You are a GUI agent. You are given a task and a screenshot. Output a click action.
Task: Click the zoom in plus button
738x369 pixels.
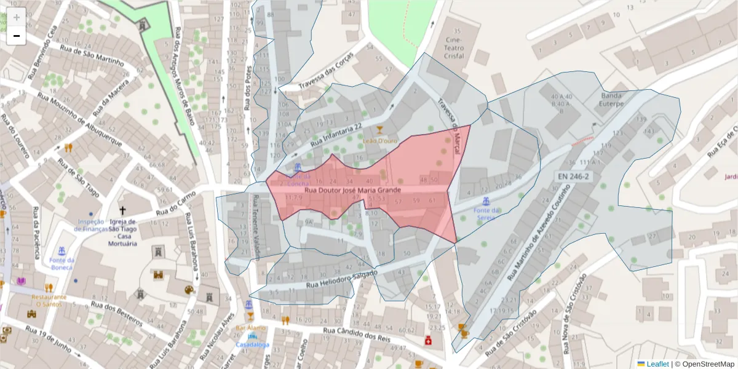pos(17,17)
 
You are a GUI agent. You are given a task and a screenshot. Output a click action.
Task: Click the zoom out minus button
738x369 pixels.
pos(17,36)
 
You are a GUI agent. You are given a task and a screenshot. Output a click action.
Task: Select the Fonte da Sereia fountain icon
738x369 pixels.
pos(486,200)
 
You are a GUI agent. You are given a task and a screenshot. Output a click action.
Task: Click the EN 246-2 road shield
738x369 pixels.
pos(574,177)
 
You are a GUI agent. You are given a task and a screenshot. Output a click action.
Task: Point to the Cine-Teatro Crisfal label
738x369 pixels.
pos(456,47)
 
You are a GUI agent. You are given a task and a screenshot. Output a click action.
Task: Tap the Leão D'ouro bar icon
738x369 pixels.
pos(379,129)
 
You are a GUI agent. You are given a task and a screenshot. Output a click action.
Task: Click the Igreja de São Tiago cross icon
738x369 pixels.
pos(122,210)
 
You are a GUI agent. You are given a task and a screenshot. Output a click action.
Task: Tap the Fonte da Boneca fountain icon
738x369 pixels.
pos(61,252)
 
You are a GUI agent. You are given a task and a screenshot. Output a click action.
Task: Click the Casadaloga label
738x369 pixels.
pos(252,345)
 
